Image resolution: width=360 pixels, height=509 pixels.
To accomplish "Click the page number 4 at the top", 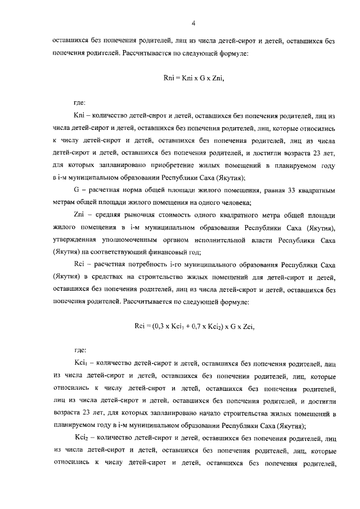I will pos(193,23).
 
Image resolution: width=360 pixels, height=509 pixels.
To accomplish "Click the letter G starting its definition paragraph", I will pos(76,191).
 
